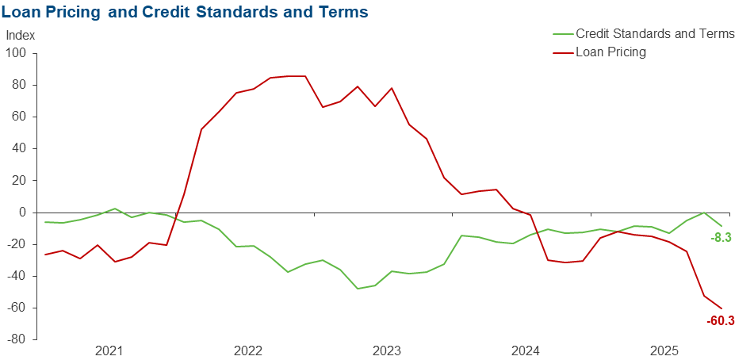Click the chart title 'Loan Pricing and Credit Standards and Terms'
(x=186, y=13)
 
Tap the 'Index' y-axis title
(x=20, y=36)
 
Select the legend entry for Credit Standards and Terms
(x=655, y=34)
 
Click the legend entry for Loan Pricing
(x=610, y=52)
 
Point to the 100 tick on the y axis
(x=17, y=53)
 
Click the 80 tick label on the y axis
(x=20, y=85)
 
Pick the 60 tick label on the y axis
(x=20, y=117)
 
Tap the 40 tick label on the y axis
(x=20, y=148)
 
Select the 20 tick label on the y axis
(x=20, y=181)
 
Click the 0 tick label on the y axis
(x=23, y=213)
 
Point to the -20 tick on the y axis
(x=17, y=244)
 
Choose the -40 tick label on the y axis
(x=17, y=276)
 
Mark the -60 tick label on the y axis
(x=17, y=308)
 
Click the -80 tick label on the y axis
(x=17, y=339)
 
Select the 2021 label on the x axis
(x=109, y=351)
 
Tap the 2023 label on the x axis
(x=387, y=351)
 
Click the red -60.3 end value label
(x=720, y=321)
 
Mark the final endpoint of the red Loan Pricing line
(x=721, y=308)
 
